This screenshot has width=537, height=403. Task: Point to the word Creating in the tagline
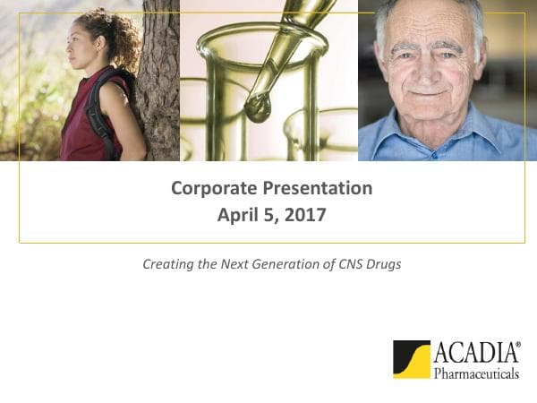click(166, 265)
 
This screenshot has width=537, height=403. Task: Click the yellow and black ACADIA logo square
click(412, 359)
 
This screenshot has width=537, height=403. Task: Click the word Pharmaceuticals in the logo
click(476, 373)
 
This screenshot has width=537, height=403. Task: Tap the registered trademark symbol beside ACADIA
click(517, 343)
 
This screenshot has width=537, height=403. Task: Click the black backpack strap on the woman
click(95, 112)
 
